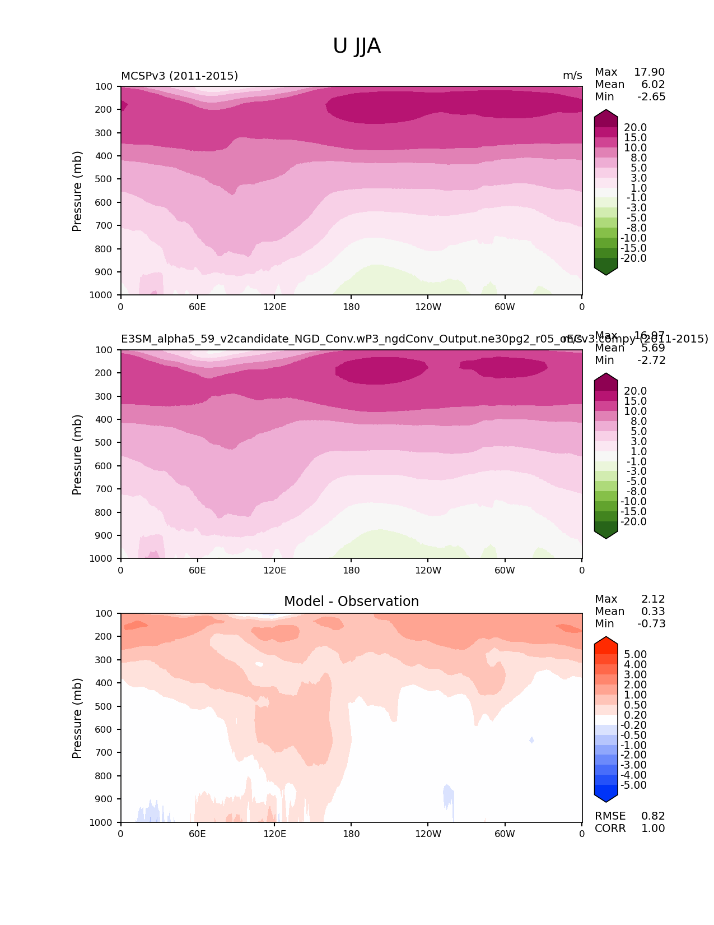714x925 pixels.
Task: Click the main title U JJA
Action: (x=357, y=46)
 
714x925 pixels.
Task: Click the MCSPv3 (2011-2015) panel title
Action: (x=179, y=76)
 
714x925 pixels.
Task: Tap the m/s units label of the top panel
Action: (x=572, y=76)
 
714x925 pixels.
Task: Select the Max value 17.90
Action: (x=649, y=72)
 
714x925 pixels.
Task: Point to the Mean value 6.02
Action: (x=653, y=84)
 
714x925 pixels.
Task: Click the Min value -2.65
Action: (x=651, y=96)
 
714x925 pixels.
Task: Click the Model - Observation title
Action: (x=351, y=602)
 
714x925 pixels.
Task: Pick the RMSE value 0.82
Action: (x=653, y=816)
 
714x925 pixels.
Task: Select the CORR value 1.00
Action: (x=653, y=828)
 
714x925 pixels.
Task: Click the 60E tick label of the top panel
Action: (x=197, y=307)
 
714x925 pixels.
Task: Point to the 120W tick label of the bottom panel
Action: (x=428, y=834)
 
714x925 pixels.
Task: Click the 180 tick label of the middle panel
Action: (x=351, y=570)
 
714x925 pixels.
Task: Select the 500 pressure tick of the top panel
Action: (x=104, y=179)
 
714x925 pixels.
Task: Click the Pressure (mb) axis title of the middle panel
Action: (x=77, y=454)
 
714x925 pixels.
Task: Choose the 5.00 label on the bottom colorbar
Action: (x=635, y=654)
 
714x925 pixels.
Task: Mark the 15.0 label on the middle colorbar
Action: (x=635, y=401)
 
